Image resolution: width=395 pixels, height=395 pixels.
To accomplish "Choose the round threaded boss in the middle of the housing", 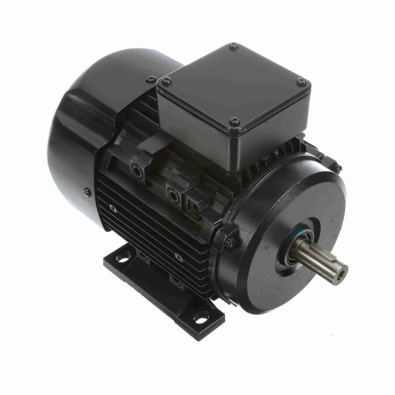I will [172, 193].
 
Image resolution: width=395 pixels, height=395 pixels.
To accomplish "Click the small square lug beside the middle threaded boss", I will [194, 207].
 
